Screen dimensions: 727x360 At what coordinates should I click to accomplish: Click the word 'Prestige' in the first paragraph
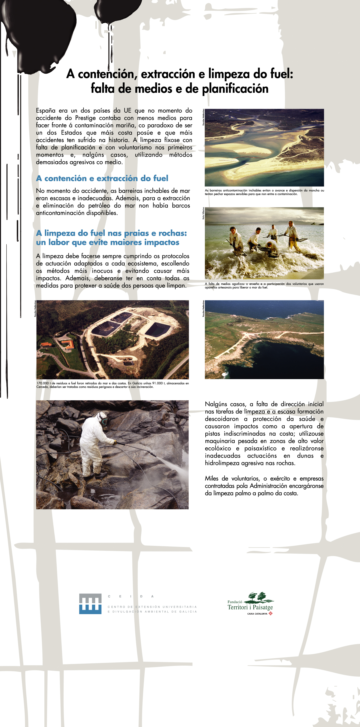[86, 118]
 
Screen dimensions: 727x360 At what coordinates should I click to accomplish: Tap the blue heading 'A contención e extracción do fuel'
[102, 178]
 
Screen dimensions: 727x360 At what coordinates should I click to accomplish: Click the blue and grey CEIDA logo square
[90, 604]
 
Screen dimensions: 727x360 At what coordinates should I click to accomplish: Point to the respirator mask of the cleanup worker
[105, 421]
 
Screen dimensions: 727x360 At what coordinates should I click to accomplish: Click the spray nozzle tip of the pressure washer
[156, 455]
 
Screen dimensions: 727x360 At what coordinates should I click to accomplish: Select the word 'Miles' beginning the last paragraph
[212, 478]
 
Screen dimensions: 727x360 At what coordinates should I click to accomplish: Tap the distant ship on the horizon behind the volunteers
[314, 223]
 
